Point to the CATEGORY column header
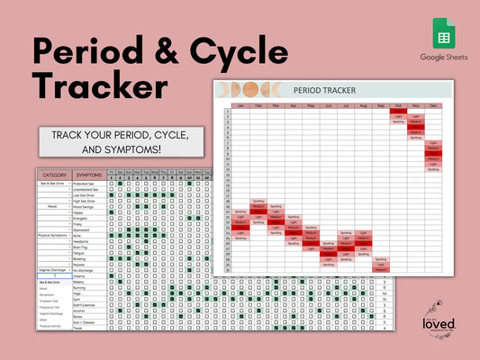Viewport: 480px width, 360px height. pos(55,175)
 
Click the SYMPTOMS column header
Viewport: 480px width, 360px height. pos(89,175)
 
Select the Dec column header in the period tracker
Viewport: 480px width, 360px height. pos(433,106)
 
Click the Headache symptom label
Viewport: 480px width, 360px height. pos(82,240)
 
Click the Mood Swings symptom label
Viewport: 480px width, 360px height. pos(86,205)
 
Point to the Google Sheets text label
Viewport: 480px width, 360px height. pos(444,57)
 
